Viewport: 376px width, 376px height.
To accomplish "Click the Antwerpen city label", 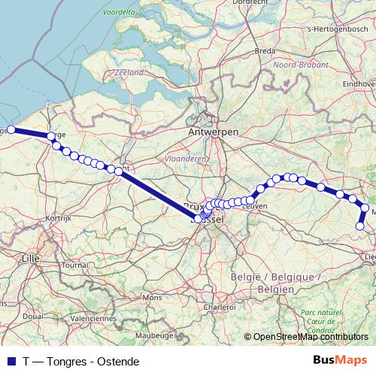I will pos(214,132).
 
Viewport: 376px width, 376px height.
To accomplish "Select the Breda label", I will pos(265,51).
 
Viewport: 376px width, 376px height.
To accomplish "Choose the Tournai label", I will pos(74,265).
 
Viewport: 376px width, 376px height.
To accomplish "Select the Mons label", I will pos(151,297).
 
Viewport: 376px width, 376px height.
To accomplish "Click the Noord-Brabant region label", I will pos(297,65).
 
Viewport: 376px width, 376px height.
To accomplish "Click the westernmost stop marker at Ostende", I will pos(11,129).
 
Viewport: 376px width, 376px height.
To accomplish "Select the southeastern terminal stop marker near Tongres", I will pos(360,226).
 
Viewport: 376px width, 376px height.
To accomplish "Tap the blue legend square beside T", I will pos(11,360).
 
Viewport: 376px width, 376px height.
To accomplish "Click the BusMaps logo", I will pos(339,359).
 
